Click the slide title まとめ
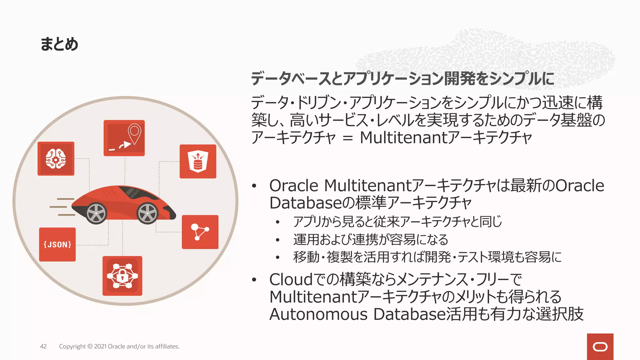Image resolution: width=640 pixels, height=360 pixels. pos(59,44)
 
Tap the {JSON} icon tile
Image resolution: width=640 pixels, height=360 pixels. pos(57,244)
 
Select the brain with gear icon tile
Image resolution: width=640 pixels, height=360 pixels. pos(56,159)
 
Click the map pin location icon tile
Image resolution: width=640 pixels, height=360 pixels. pos(124,138)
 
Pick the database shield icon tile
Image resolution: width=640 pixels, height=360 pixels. pos(198,161)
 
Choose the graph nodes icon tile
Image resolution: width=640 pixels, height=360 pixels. pos(200,232)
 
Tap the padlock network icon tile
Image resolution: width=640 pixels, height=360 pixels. pos(122,276)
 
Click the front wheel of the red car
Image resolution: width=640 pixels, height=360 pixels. pos(147,213)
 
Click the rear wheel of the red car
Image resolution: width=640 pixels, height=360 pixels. pos(96,213)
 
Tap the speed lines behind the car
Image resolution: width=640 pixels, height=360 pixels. pos(62,207)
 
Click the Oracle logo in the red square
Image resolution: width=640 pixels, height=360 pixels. pos(600,347)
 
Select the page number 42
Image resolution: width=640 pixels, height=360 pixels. pos(43,346)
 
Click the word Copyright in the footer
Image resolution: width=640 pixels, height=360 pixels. pos(72,346)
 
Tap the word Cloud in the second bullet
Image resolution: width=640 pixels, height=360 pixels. pos(291,279)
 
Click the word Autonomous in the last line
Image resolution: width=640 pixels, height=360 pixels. pos(318,314)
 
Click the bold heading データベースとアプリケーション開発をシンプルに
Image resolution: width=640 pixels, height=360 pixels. pos(402,78)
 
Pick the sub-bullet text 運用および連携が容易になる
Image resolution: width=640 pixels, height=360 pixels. pos(371,240)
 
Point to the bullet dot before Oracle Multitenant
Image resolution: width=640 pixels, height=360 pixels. pos(254,186)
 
